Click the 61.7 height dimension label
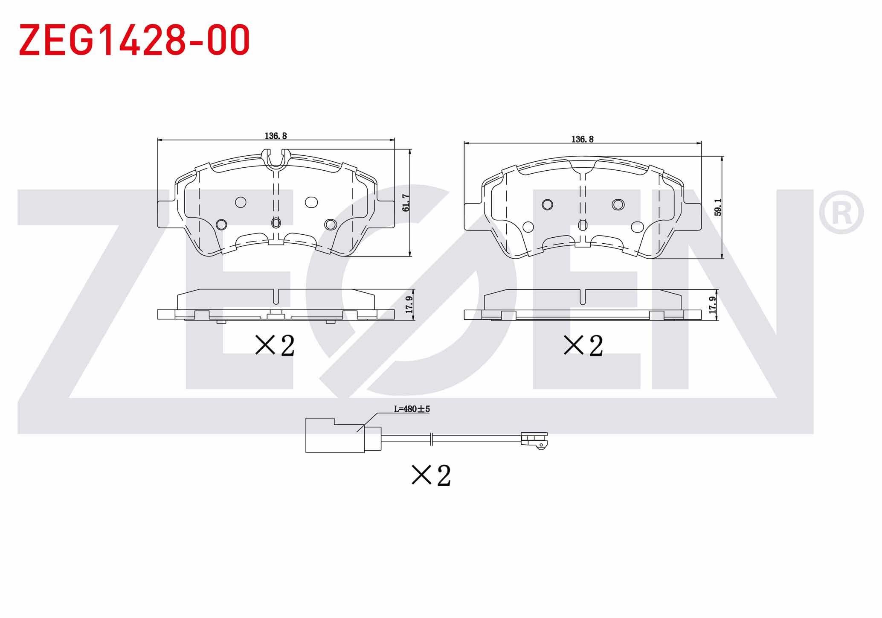coord(406,203)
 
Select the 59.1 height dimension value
coord(718,207)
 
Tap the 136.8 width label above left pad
coord(276,136)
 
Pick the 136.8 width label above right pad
coord(583,139)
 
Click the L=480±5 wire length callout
coord(412,409)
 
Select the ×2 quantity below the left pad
coord(275,346)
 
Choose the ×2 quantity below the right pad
coord(583,346)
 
